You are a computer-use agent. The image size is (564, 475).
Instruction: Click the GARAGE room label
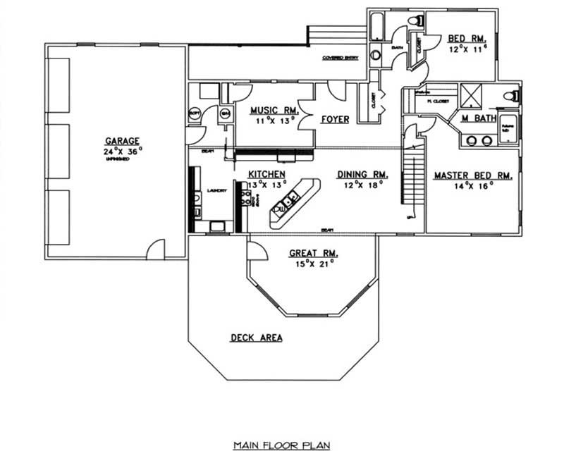[x=122, y=140]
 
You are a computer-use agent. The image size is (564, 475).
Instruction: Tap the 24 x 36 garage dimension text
[x=122, y=150]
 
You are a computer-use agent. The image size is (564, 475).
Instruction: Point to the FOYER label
[x=335, y=119]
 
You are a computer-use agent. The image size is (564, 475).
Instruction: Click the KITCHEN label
[x=266, y=174]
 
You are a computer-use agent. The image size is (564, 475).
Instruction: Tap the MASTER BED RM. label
[x=472, y=175]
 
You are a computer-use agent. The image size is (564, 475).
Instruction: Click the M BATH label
[x=479, y=118]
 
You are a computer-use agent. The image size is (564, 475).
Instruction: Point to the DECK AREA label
[x=257, y=338]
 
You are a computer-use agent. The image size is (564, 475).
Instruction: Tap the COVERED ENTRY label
[x=340, y=58]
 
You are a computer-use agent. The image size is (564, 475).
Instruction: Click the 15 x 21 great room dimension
[x=314, y=264]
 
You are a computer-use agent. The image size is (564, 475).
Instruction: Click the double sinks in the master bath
[x=478, y=140]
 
